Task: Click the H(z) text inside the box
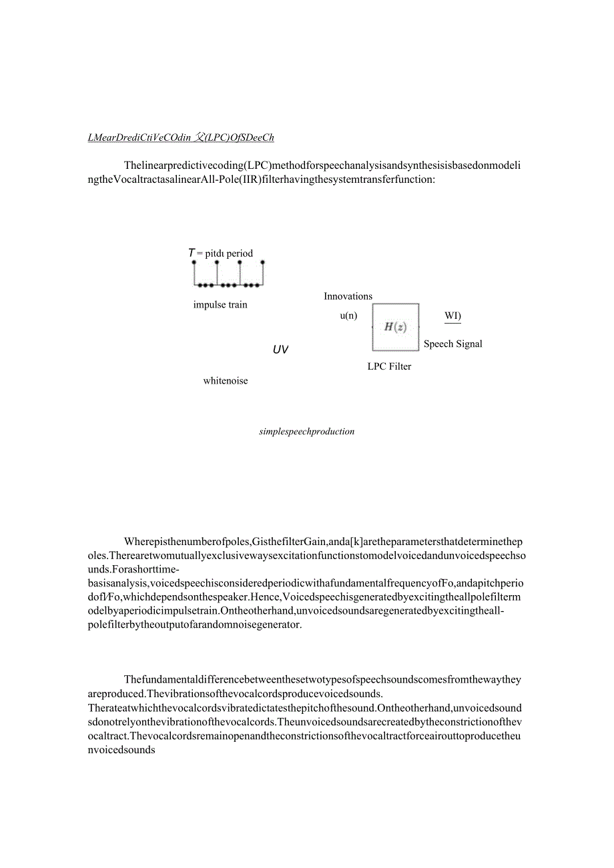tap(395, 327)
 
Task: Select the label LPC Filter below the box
tap(389, 366)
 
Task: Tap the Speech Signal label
tap(452, 344)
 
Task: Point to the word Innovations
tap(348, 296)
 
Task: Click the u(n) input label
tap(348, 316)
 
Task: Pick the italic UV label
tap(280, 350)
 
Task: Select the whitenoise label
tap(226, 381)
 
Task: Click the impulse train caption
tap(220, 305)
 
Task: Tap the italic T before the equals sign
tap(191, 253)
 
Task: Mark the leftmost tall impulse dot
tap(194, 262)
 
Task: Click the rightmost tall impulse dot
tap(262, 262)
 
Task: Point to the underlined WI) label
tap(452, 316)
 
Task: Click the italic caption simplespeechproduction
tap(306, 432)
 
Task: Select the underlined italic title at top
tap(180, 138)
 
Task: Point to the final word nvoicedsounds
tap(121, 749)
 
